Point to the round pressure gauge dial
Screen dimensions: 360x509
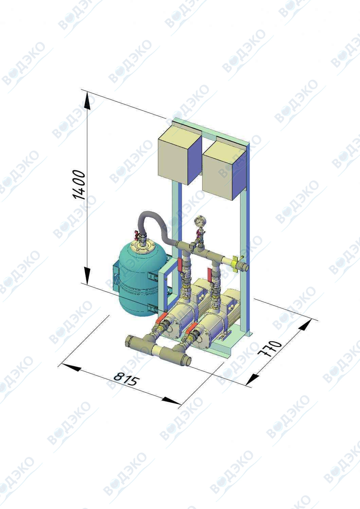click(x=199, y=222)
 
